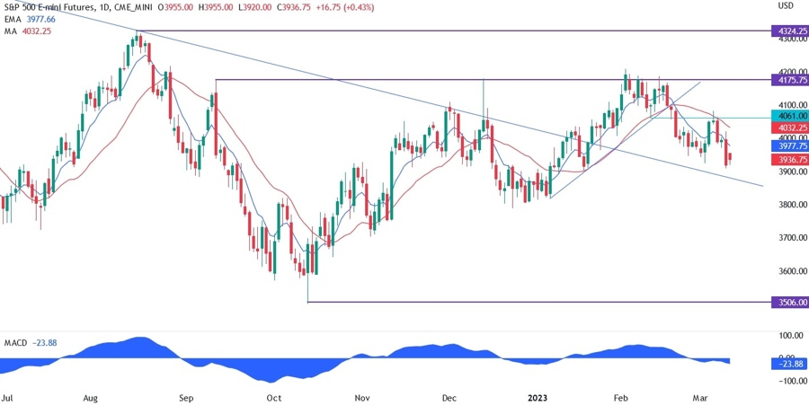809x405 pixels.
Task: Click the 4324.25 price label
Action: pos(789,31)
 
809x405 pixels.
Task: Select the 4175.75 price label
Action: pos(789,80)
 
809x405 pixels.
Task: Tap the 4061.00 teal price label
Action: pos(789,116)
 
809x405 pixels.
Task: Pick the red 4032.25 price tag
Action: pos(789,128)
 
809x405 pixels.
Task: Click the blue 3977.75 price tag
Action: pos(789,145)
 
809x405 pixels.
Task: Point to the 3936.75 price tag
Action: pos(789,159)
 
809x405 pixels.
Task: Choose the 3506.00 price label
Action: pos(789,303)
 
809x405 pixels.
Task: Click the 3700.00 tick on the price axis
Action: pos(789,238)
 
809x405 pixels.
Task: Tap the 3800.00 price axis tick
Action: pos(789,205)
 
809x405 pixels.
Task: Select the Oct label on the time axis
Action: pos(274,396)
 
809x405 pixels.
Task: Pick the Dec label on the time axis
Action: pos(450,396)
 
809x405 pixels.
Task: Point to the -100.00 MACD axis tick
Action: pos(789,382)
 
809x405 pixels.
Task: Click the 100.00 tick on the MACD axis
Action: pos(789,335)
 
